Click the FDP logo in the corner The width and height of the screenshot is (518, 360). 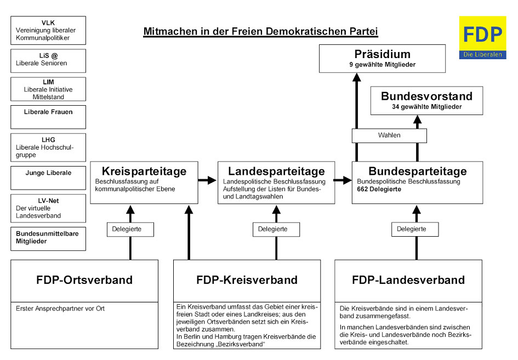tap(482, 37)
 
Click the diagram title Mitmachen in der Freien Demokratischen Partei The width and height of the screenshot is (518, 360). tap(260, 32)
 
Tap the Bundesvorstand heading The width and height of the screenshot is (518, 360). tap(426, 96)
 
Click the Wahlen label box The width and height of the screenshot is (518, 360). tap(389, 135)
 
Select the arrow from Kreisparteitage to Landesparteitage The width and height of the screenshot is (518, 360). tap(207, 180)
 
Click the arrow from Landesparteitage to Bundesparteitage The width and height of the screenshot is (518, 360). tap(343, 180)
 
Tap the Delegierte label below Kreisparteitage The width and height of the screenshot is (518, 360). tap(130, 230)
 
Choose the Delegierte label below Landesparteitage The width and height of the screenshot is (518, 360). tap(276, 230)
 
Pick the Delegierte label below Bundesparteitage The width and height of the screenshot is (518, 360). tap(414, 230)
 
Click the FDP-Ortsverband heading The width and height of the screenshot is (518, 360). tap(84, 280)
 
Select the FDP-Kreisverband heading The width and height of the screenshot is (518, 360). tap(247, 280)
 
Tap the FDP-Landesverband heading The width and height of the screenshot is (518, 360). tap(408, 280)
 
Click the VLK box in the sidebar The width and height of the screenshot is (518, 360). tap(48, 31)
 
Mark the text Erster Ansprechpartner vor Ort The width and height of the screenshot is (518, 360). tap(60, 308)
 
